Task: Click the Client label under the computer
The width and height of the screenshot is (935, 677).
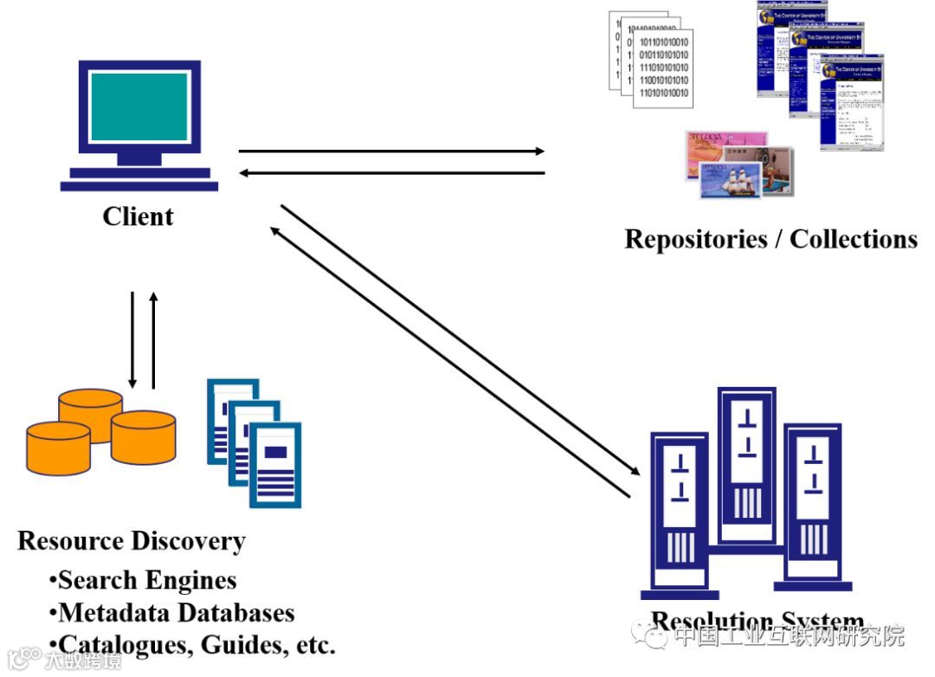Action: pyautogui.click(x=139, y=216)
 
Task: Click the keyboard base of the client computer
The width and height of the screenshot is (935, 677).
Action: pyautogui.click(x=139, y=184)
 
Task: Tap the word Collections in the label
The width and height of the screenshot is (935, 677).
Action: pyautogui.click(x=854, y=238)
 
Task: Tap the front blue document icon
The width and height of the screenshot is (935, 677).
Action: pyautogui.click(x=275, y=463)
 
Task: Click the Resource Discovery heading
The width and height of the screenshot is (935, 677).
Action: pyautogui.click(x=132, y=541)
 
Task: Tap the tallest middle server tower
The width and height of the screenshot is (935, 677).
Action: pyautogui.click(x=746, y=467)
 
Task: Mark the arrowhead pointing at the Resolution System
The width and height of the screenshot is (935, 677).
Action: pyautogui.click(x=635, y=472)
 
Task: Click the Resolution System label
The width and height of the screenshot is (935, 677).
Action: pyautogui.click(x=758, y=622)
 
